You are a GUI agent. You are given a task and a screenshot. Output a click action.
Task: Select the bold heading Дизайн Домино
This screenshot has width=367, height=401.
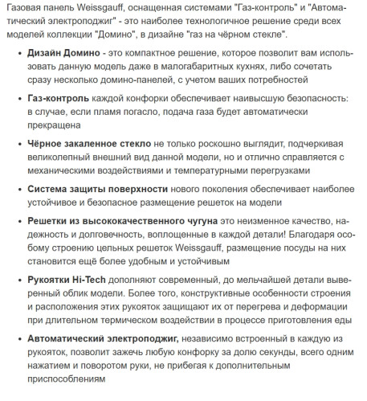[65, 52]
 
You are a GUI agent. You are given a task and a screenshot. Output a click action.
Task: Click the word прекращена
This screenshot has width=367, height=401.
[60, 126]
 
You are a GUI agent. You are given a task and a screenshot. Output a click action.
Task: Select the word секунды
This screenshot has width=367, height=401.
[238, 353]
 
